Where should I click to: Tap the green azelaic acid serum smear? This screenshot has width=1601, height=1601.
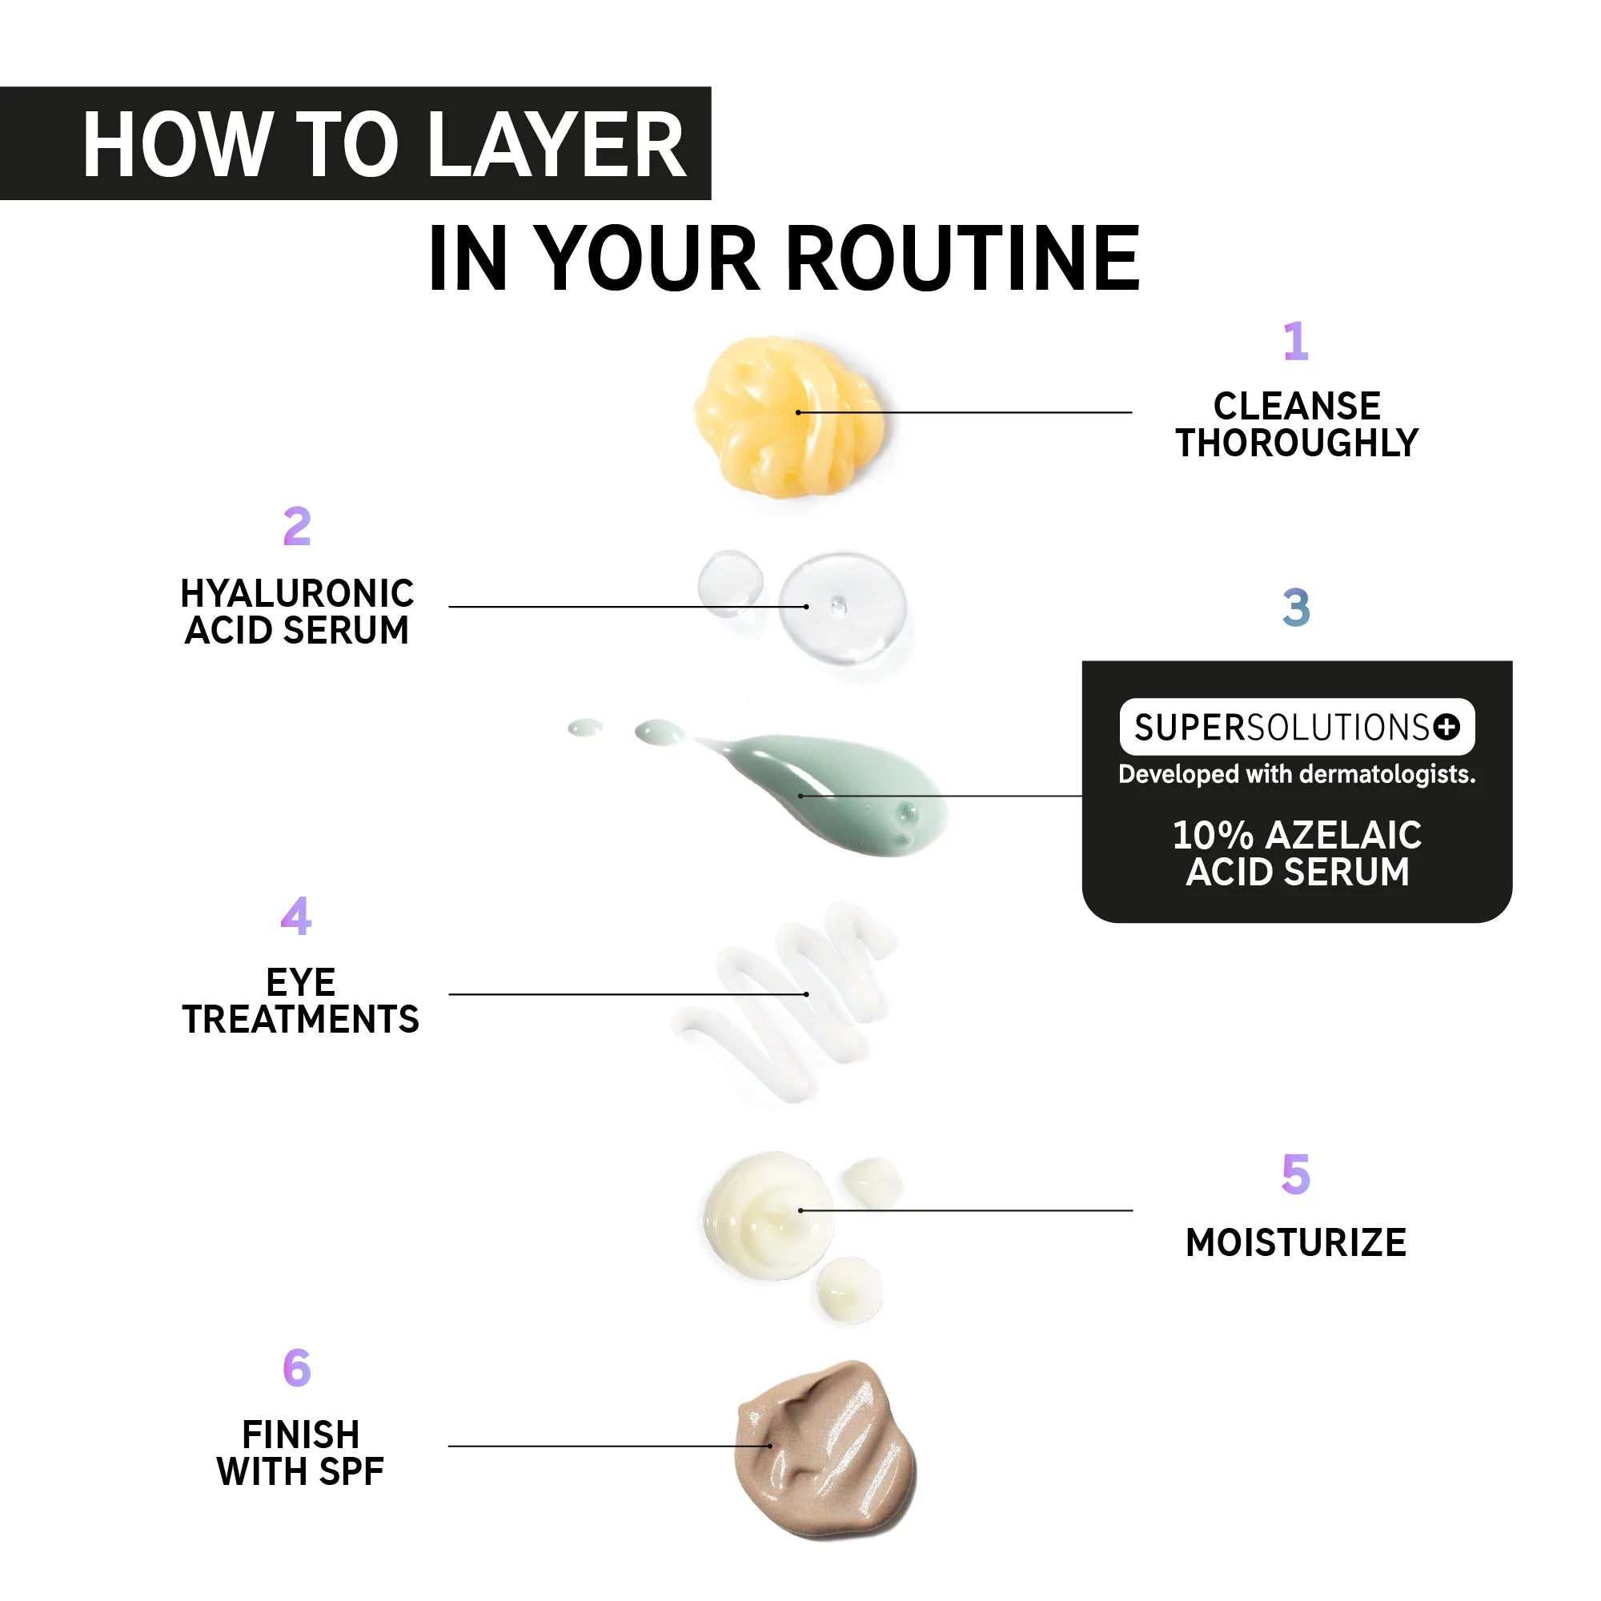(x=829, y=793)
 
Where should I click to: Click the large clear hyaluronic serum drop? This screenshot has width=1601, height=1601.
(x=842, y=608)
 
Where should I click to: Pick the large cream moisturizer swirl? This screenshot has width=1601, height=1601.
(x=769, y=1216)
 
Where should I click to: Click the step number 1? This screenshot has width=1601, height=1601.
(x=1296, y=342)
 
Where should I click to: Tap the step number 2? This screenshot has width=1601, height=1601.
(x=297, y=526)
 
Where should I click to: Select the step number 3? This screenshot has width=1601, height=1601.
(x=1296, y=608)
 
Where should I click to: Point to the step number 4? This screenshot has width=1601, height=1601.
(x=296, y=916)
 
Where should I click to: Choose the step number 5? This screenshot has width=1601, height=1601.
(x=1296, y=1174)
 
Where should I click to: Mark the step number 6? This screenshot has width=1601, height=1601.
(x=297, y=1368)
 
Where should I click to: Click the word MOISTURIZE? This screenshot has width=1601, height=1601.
(x=1296, y=1243)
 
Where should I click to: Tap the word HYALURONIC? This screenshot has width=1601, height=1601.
(x=298, y=593)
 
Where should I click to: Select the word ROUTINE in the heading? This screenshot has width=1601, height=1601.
(x=962, y=259)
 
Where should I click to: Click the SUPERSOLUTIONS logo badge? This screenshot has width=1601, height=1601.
(x=1297, y=727)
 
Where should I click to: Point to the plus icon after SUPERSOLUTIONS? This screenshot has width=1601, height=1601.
(x=1447, y=727)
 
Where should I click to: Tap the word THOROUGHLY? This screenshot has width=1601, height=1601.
(x=1297, y=443)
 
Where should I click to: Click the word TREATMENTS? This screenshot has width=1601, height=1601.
(x=301, y=1019)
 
